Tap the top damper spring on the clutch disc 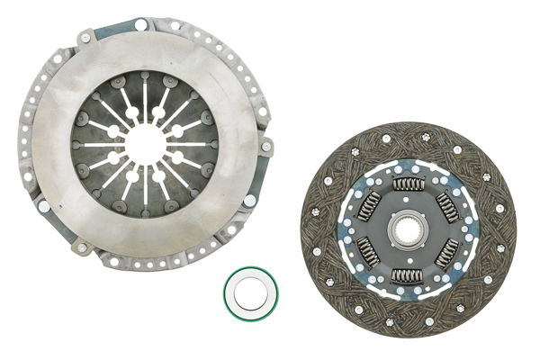(408, 184)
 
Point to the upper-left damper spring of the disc (369, 206)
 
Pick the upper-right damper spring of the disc (446, 206)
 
